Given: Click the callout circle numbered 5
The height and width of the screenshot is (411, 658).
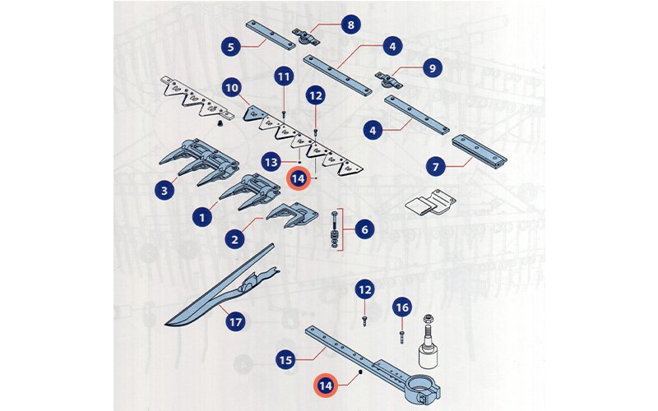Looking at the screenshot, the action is coord(231,47).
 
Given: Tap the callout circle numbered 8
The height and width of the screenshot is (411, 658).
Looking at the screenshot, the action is coord(350,25).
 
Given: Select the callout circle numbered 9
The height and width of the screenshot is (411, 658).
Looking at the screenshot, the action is coord(433,67).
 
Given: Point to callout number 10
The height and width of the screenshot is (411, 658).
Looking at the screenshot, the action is coord(232,88).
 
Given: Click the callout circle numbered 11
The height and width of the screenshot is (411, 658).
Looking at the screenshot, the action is coord(284,76).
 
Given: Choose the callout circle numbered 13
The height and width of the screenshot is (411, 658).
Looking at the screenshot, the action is coord(271,162).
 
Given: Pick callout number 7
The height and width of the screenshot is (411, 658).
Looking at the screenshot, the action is coord(436,167).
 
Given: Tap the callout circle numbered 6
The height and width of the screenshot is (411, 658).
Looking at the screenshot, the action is coord(364,229).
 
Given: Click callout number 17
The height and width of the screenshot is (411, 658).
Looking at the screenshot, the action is coord(235,322).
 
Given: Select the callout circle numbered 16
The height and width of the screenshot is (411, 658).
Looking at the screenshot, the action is coord(402,307).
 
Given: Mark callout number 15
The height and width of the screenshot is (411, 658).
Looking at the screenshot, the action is coord(285,360).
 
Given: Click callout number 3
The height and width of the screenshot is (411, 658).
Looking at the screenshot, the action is coord(164,191).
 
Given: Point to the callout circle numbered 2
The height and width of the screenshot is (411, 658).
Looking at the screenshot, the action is coord(234,240).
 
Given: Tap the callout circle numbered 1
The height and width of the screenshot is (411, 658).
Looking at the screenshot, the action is coord(202,218).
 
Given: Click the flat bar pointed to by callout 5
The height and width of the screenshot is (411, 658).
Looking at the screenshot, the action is coord(271,35).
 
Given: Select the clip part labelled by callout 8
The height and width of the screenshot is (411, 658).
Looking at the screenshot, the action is coord(306,37).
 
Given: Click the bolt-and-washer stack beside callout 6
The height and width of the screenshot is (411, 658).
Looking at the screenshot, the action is coord(335,229).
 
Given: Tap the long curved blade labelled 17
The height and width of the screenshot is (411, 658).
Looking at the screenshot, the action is coord(221,285).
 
